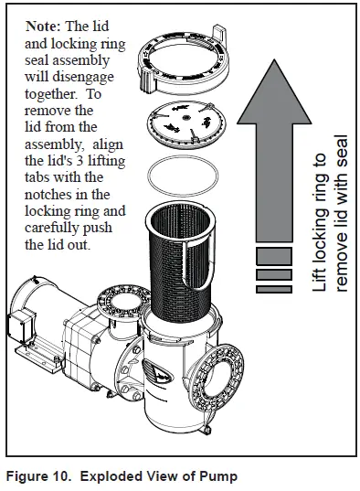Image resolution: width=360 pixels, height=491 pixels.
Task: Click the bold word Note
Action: coord(47,27)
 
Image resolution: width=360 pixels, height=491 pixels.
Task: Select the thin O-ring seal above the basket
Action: coord(188,176)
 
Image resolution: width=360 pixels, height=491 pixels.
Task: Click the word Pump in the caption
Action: coord(216,475)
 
